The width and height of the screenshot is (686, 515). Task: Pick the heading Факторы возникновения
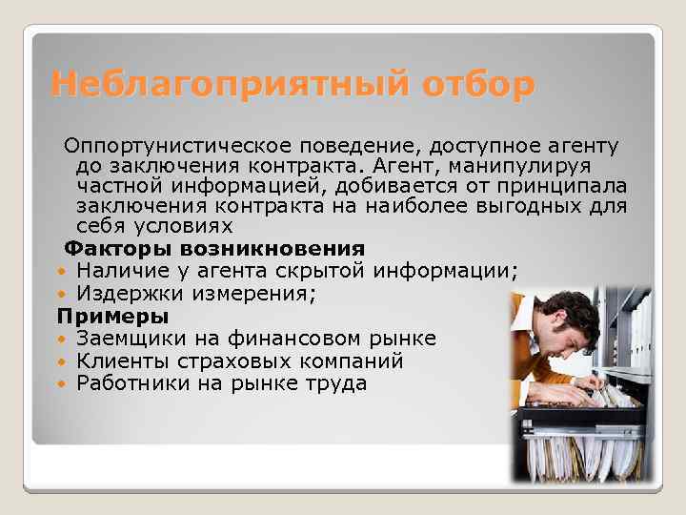211,250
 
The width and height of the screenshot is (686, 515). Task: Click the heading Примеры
112,316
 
